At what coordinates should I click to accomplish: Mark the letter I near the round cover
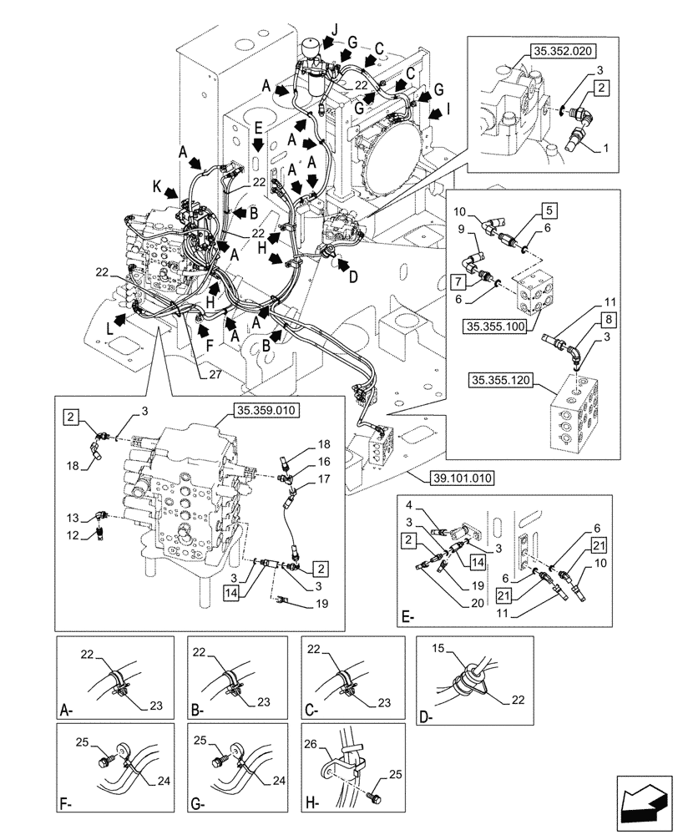(x=448, y=108)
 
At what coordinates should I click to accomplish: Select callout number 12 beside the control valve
(x=73, y=533)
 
